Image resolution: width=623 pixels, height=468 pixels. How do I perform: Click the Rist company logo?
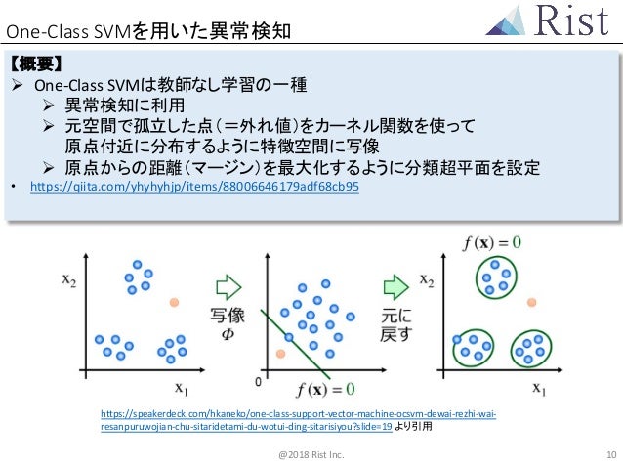pyautogui.click(x=551, y=22)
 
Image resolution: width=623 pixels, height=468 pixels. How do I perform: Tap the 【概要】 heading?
pyautogui.click(x=36, y=64)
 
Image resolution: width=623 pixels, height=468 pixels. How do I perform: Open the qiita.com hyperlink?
pyautogui.click(x=194, y=186)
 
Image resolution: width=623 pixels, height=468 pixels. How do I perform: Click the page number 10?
pyautogui.click(x=610, y=455)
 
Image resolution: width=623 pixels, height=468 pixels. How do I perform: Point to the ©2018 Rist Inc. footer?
pyautogui.click(x=311, y=455)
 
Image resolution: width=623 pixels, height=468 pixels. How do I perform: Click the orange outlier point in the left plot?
pyautogui.click(x=175, y=303)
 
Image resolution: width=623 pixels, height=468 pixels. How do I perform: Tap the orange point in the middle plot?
pyautogui.click(x=281, y=353)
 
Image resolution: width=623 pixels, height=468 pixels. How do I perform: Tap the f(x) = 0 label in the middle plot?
pyautogui.click(x=326, y=389)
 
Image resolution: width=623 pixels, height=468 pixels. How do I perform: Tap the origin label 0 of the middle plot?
pyautogui.click(x=258, y=380)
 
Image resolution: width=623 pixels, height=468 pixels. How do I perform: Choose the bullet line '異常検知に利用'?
pyautogui.click(x=124, y=105)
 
